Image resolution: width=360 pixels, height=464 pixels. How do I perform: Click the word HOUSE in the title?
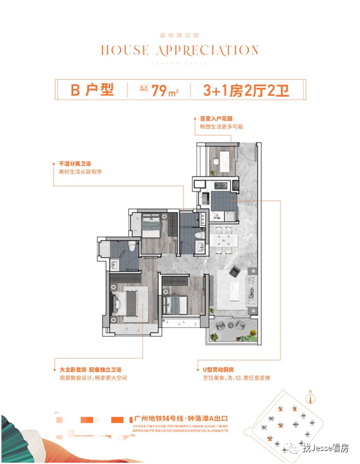126,50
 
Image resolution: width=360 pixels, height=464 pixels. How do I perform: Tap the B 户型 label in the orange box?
92,89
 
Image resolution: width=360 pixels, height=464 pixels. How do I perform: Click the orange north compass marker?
310,392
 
